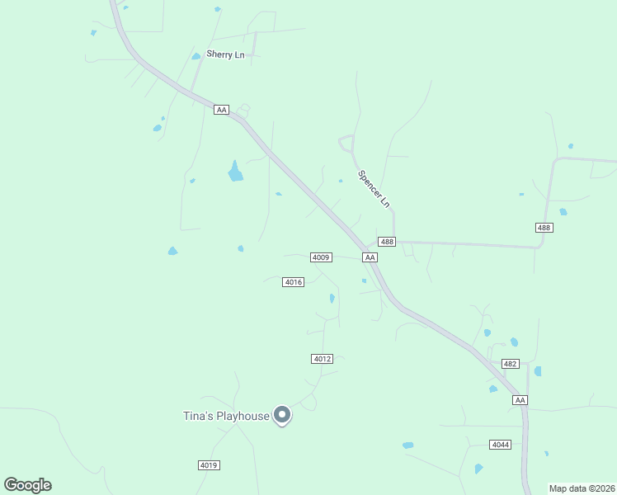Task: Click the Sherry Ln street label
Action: [225, 54]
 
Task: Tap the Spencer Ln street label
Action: [374, 188]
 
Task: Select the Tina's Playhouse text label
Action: [226, 416]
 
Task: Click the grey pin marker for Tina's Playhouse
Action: [282, 415]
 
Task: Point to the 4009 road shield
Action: [321, 257]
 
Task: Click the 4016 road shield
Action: [294, 282]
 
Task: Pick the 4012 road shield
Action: [323, 358]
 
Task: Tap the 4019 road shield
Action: [209, 465]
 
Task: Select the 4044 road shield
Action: [500, 445]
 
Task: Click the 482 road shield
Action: [510, 364]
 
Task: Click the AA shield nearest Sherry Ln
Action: [220, 110]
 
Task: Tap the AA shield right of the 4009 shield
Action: [370, 257]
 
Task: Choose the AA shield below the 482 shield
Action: [519, 400]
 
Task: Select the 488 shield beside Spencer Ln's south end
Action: [387, 242]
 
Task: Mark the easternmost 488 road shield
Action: [544, 227]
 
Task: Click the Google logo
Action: [27, 485]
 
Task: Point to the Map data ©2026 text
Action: [582, 488]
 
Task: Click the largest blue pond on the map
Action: [236, 172]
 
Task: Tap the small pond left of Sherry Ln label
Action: [196, 56]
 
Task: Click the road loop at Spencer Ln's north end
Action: [346, 143]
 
